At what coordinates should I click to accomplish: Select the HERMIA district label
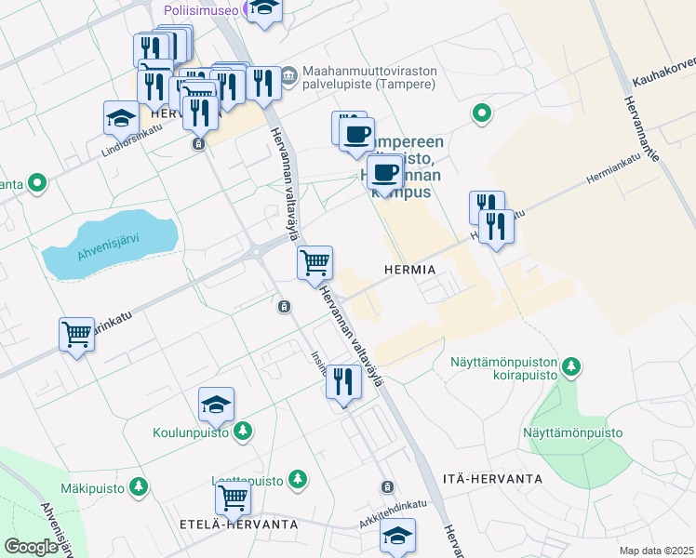pos(409,269)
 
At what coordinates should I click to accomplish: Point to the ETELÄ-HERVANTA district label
pos(238,525)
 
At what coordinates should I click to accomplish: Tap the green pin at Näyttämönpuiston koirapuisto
pos(573,367)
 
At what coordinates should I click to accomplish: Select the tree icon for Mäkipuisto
pos(139,486)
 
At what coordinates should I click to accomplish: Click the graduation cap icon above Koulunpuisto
pos(216,405)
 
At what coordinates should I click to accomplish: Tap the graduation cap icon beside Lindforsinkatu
pos(121,118)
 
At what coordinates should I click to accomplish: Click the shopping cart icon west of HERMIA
pos(315,263)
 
